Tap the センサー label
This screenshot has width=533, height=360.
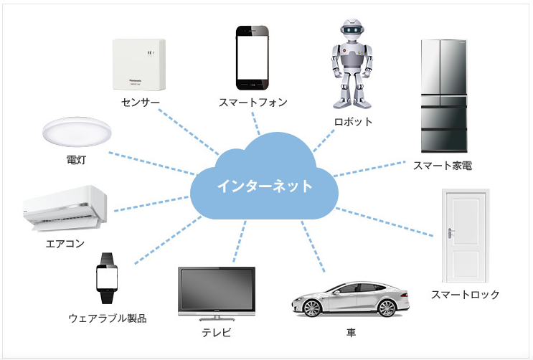[140, 103]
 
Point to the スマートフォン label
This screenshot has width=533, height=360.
[253, 103]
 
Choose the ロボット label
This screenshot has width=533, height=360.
[353, 122]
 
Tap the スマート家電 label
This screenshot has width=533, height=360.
[442, 166]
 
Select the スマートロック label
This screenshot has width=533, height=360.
[465, 295]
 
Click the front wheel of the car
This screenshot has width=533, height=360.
[313, 308]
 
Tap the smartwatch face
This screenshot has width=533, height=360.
[108, 277]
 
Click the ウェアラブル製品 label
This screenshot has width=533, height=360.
[108, 318]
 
